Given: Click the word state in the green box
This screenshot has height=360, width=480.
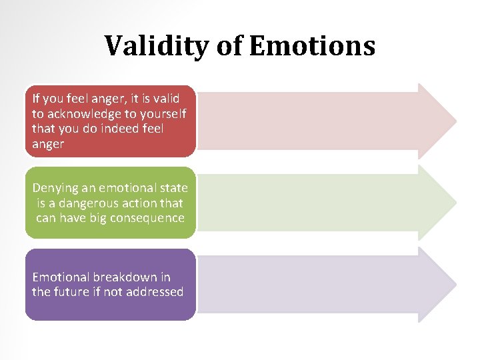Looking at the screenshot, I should click(x=173, y=189).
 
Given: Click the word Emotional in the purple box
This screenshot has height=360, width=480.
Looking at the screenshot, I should click(x=60, y=277).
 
